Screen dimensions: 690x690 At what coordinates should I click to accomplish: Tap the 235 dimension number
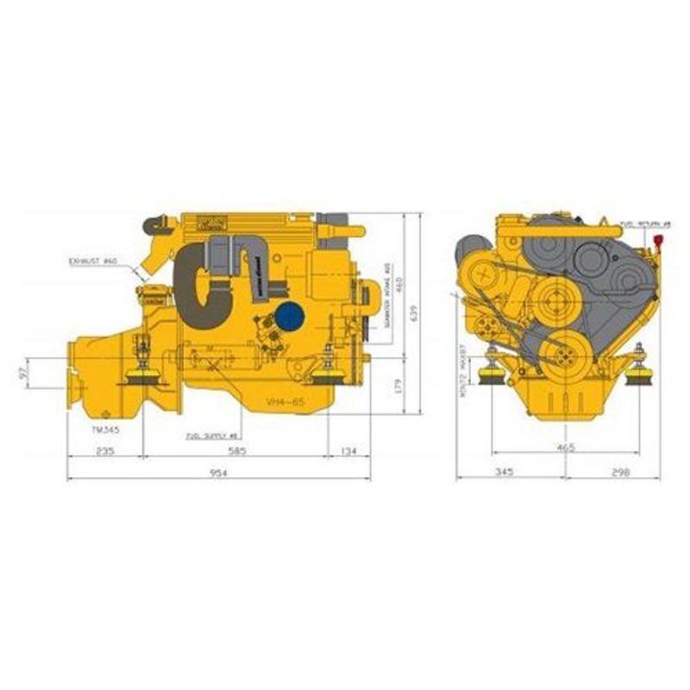tap(104, 450)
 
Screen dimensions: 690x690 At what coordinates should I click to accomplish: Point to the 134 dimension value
tap(348, 450)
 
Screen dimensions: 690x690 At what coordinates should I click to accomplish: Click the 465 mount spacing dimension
tap(565, 448)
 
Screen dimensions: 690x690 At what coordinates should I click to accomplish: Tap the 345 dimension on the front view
tap(505, 472)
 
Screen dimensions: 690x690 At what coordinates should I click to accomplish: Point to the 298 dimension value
tap(618, 472)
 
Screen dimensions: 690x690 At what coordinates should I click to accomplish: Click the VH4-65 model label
tap(287, 402)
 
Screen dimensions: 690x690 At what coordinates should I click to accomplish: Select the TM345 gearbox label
tap(107, 428)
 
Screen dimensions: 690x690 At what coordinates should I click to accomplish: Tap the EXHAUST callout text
tap(92, 260)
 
